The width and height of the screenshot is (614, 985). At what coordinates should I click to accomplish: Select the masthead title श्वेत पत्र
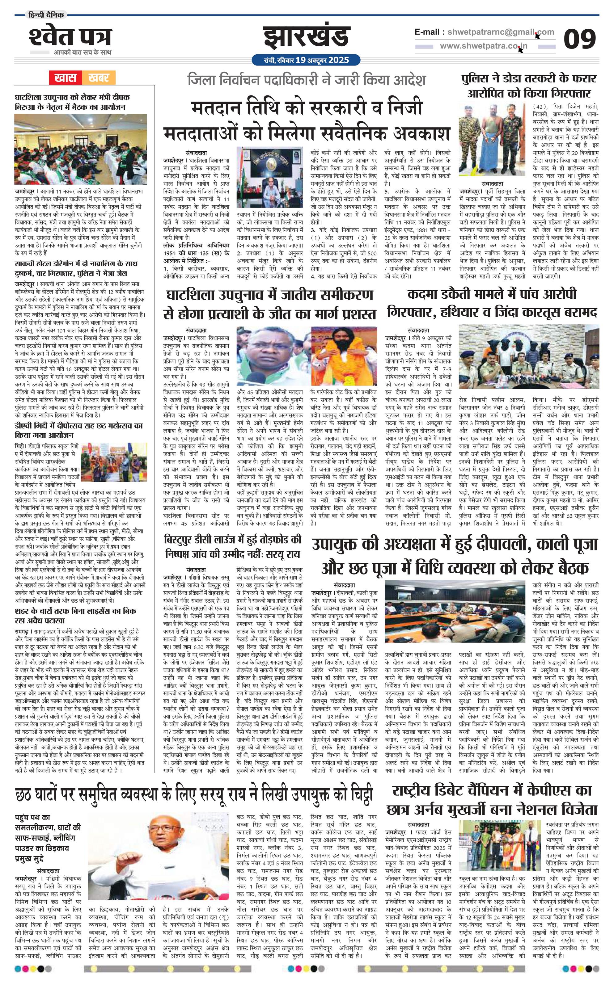point(70,37)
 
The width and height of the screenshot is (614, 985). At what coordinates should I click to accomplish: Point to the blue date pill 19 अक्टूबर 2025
point(306,60)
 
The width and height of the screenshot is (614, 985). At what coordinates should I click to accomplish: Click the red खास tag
point(66,78)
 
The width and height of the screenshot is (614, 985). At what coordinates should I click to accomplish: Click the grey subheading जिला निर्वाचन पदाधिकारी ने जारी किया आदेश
point(306,80)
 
